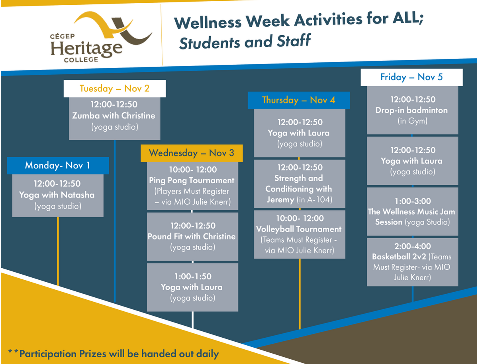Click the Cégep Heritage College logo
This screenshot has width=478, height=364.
[101, 37]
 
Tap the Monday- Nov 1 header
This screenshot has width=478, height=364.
[58, 166]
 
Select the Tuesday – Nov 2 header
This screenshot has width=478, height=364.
[115, 89]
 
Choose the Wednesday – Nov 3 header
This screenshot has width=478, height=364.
[192, 153]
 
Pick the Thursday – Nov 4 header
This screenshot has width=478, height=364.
[299, 100]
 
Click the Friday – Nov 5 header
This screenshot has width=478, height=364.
[411, 77]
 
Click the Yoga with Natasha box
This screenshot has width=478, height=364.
[58, 196]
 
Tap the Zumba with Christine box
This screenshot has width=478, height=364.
[115, 119]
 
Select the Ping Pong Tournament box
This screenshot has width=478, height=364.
[192, 186]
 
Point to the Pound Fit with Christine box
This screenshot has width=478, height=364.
[192, 237]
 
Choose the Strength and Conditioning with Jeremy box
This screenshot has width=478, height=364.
[300, 184]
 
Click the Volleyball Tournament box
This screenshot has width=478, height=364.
[300, 234]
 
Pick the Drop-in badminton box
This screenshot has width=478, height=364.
[412, 110]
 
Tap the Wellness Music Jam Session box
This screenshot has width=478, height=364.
[412, 212]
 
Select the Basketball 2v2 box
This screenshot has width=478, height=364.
[412, 262]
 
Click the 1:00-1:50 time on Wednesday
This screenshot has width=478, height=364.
[193, 276]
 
